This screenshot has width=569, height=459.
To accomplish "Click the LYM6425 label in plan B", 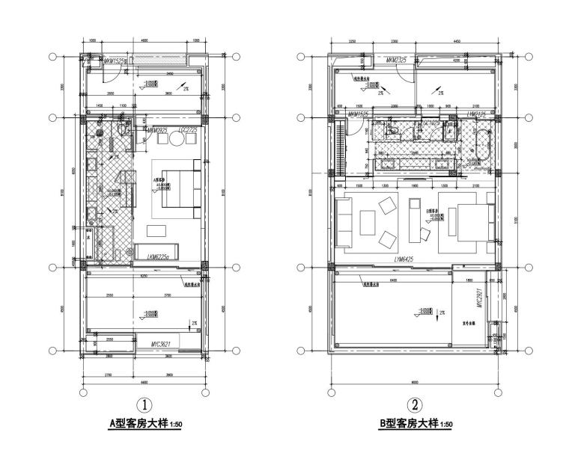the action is (x=404, y=259).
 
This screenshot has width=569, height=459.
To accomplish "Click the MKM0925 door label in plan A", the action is (x=157, y=131).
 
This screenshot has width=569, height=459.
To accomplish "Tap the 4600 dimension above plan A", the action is (x=144, y=40).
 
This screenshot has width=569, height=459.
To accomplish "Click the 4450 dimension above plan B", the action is (x=457, y=40).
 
